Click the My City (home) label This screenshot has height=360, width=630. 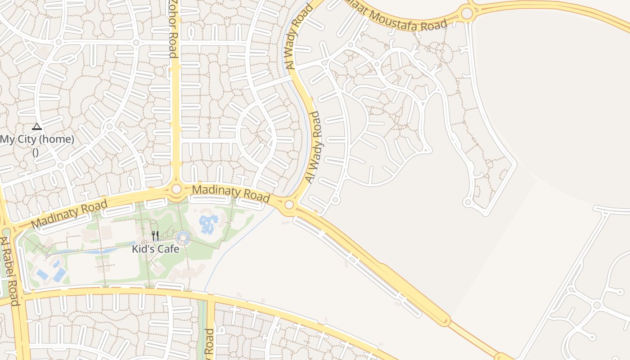[37, 139]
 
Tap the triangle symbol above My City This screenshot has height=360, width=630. [37, 127]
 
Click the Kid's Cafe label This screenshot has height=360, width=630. [155, 249]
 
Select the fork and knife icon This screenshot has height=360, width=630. [155, 236]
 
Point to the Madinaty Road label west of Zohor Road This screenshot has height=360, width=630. [69, 214]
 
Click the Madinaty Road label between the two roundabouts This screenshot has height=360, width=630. [231, 193]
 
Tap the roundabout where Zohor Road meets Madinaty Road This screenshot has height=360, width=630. [176, 189]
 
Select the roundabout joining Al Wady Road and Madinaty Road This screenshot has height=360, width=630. [289, 205]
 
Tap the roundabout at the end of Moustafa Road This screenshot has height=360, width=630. [467, 13]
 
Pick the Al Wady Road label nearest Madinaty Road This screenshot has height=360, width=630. [314, 147]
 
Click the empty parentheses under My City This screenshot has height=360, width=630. [36, 152]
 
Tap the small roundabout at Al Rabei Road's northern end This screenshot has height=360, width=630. [5, 231]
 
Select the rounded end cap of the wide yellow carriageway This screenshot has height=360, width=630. [444, 320]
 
